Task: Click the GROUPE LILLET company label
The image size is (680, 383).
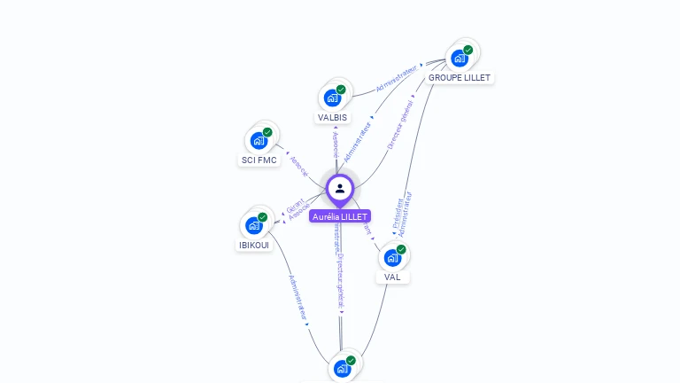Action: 459,78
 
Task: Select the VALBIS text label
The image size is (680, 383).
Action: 333,117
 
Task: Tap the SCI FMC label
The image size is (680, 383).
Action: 259,160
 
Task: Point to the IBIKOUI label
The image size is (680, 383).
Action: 254,245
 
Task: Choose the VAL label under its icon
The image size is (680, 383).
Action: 392,277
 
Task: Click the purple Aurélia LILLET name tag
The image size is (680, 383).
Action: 340,216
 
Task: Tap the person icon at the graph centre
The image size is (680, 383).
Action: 340,188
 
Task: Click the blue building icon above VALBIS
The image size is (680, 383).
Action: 333,98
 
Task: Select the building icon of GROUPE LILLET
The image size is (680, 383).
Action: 459,59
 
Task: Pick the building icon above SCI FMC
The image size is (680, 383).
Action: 259,141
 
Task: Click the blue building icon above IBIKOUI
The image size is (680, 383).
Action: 254,225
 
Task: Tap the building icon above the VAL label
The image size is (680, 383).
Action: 392,258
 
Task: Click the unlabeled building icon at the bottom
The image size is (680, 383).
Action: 343,369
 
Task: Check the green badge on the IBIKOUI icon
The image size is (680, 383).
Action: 263,217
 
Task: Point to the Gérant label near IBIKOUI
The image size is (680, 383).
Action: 295,206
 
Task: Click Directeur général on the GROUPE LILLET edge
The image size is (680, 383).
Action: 399,129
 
